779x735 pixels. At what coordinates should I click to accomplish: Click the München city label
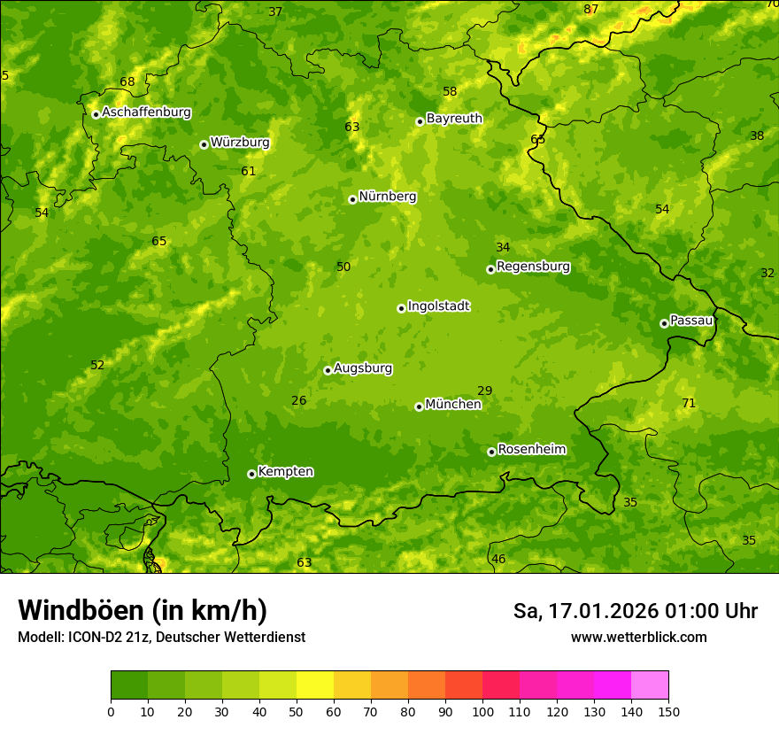(453, 405)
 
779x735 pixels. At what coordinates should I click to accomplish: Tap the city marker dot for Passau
(664, 323)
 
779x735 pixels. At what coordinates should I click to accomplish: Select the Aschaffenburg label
(146, 112)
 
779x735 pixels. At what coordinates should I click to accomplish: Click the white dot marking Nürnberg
(352, 199)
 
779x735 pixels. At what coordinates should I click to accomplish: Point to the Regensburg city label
(533, 267)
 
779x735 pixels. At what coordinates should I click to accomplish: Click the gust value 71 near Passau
(689, 404)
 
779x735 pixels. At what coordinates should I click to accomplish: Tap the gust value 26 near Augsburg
(299, 401)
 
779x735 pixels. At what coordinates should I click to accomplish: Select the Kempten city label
(285, 472)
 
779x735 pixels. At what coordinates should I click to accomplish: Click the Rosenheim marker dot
(491, 452)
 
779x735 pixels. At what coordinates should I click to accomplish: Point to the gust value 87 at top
(591, 10)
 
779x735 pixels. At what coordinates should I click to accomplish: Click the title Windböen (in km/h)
(143, 610)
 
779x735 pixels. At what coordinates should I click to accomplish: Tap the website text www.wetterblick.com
(638, 637)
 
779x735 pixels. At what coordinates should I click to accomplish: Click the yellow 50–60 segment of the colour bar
(315, 685)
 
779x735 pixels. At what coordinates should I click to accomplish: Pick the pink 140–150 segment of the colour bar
(650, 685)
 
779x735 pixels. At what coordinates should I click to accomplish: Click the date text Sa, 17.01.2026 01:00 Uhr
(635, 611)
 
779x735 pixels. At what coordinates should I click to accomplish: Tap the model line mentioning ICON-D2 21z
(161, 637)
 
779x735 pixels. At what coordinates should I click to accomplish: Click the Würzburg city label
(240, 143)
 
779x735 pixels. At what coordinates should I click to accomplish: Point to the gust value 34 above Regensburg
(503, 248)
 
